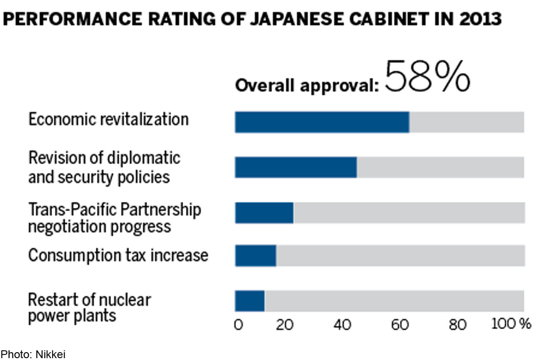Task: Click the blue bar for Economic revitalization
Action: coord(322,122)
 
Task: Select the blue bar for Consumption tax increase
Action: coord(256,255)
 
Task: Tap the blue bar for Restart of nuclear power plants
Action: coord(250,301)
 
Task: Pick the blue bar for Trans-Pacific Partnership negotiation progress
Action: coord(264,212)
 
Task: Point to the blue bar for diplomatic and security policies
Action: coord(296,167)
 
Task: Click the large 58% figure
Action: coord(427,77)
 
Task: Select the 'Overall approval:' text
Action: coord(307,85)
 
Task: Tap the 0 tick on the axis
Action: coord(238,325)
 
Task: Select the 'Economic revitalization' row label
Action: coord(109,119)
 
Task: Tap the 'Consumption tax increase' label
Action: coord(118,255)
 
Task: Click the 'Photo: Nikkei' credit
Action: coord(33,354)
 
